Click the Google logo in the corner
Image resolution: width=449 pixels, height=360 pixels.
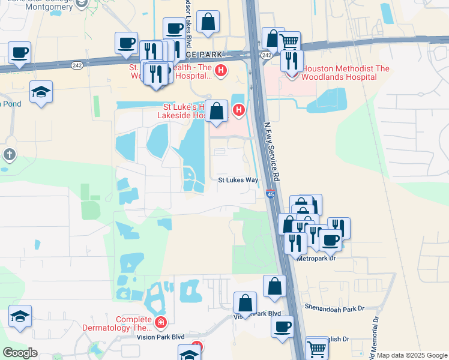(x=20, y=353)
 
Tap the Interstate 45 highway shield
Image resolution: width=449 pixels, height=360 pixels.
(x=271, y=194)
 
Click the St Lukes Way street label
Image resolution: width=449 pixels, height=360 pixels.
(x=238, y=179)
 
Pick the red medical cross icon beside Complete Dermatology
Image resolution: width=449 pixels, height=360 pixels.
(x=160, y=323)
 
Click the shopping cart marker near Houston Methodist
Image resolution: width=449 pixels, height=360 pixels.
(x=289, y=42)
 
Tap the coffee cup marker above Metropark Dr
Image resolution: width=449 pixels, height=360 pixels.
(x=330, y=241)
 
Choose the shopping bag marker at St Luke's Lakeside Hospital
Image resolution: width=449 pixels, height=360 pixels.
(x=217, y=112)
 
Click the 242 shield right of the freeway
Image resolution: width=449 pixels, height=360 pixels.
(x=267, y=55)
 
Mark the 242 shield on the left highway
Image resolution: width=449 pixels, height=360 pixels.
(x=77, y=65)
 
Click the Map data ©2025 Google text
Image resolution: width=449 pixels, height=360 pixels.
(x=412, y=355)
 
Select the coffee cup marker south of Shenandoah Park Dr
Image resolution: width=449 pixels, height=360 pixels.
(x=282, y=327)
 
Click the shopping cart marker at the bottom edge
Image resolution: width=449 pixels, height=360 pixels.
(x=317, y=348)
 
